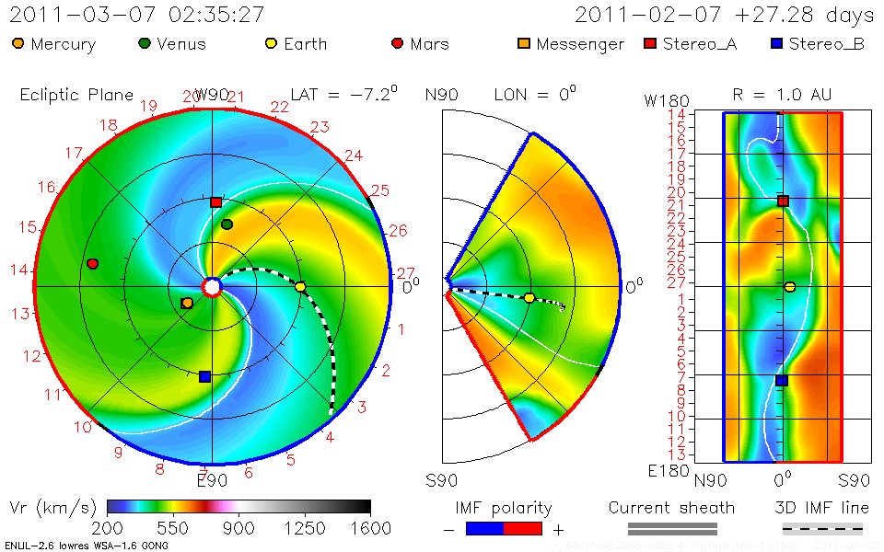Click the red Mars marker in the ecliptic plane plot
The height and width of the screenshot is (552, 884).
coord(92,264)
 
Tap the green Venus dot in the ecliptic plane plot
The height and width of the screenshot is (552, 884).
coord(227,224)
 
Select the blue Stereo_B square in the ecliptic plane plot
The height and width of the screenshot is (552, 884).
coord(204,376)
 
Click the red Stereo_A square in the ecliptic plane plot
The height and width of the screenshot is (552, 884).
coord(215,202)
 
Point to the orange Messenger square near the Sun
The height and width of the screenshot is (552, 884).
coord(188,303)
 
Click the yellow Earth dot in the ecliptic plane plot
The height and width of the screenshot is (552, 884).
coord(300,287)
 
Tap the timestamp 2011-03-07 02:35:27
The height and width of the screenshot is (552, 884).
coord(137,15)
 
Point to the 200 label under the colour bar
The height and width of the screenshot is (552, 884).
coord(108,528)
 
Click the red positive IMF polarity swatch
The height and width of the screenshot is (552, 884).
coord(523,529)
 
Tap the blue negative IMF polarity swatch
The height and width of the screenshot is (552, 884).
coord(485,529)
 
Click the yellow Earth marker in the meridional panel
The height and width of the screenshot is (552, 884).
coord(529,298)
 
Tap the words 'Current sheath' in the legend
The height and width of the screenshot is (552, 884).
coord(671,508)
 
